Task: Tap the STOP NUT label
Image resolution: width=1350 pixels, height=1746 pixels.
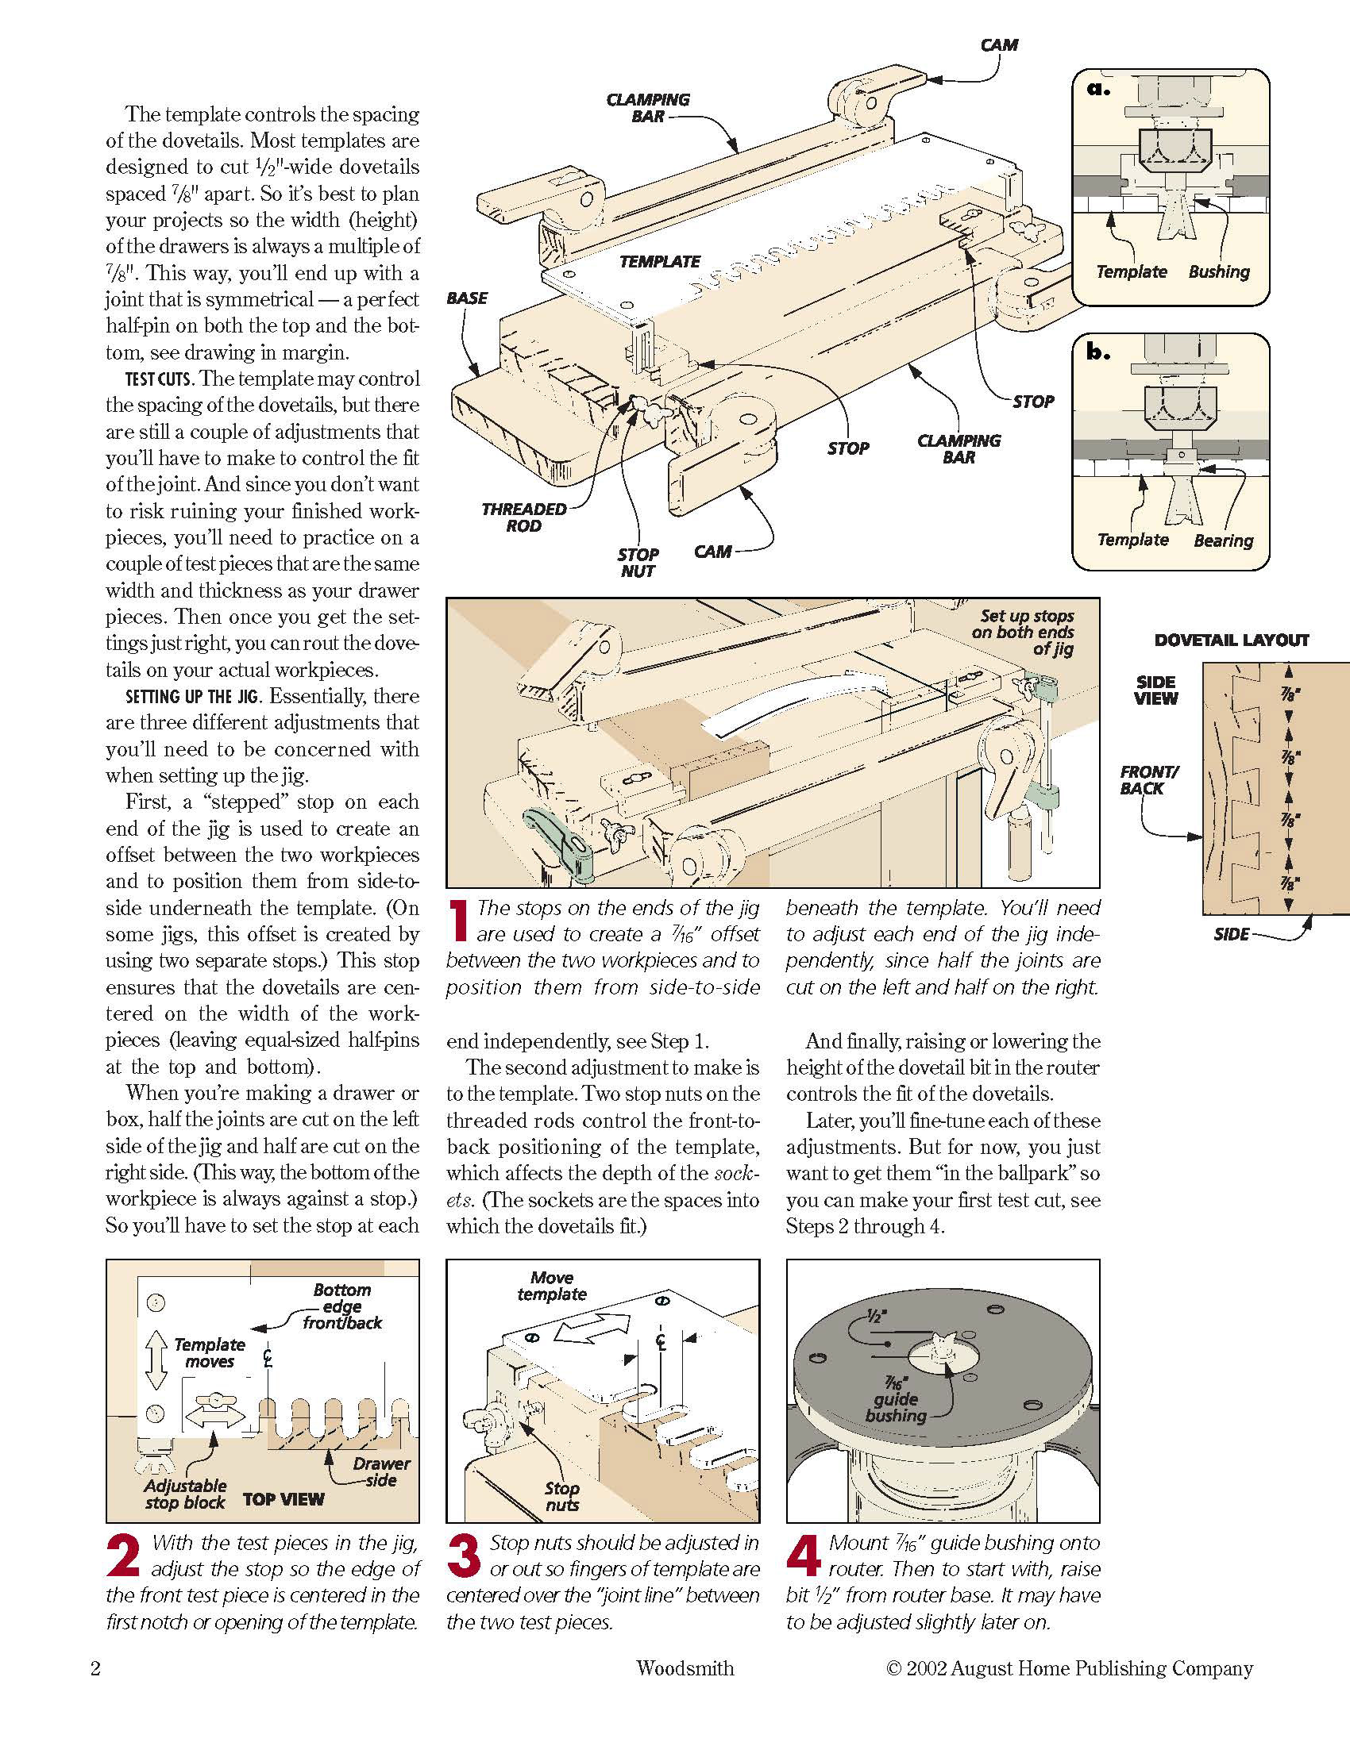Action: (638, 562)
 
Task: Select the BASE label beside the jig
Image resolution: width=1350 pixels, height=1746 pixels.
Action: (467, 298)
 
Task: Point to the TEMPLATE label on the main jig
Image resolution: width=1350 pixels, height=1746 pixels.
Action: (659, 261)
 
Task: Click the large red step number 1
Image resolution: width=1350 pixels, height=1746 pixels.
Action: (458, 920)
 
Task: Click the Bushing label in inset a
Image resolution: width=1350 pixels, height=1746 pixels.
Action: (1218, 271)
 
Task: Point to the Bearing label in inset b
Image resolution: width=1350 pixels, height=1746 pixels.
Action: (1223, 540)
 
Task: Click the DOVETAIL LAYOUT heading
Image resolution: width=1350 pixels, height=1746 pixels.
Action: (1231, 640)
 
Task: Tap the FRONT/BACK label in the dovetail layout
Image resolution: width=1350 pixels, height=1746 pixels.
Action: (1148, 779)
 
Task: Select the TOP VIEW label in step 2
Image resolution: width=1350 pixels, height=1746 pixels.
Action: (283, 1499)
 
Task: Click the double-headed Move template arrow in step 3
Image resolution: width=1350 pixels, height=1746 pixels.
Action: (592, 1328)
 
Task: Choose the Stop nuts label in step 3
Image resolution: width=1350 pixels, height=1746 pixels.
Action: (561, 1496)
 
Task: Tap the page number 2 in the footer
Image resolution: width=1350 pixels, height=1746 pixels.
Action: (95, 1667)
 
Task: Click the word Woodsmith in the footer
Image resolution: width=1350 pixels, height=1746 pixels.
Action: (685, 1667)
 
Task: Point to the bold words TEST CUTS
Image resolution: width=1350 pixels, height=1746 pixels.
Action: (159, 379)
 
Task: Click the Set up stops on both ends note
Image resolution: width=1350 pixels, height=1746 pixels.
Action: (1026, 632)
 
